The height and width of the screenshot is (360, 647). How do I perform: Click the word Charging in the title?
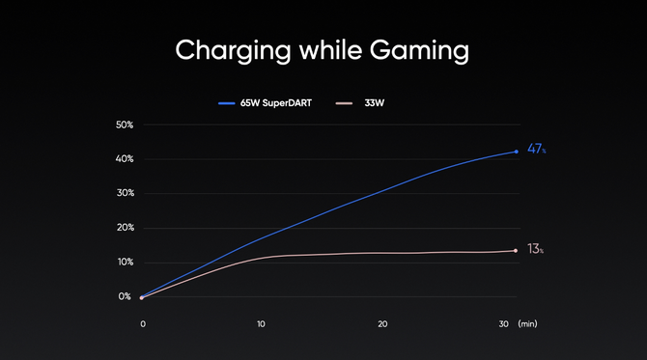click(233, 51)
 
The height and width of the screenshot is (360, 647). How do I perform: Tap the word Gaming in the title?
click(419, 51)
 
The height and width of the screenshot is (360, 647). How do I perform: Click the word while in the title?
click(330, 49)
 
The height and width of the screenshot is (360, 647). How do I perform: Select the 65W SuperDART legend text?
click(276, 103)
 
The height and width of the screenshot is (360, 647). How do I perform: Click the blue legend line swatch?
click(227, 103)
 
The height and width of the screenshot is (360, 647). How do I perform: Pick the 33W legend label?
click(375, 103)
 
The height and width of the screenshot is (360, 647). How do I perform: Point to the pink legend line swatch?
click(344, 103)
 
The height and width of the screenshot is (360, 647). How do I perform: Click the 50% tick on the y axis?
click(125, 125)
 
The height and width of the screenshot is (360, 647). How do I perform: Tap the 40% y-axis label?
click(125, 159)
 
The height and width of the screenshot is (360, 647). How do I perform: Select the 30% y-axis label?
click(125, 193)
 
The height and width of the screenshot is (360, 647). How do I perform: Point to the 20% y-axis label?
click(125, 228)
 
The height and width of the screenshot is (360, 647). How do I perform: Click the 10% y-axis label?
click(126, 263)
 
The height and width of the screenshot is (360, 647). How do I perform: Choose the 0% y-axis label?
click(125, 296)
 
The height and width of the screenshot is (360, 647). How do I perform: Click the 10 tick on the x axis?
click(261, 324)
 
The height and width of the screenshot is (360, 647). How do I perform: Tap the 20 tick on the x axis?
click(382, 324)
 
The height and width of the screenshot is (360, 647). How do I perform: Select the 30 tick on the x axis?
click(503, 324)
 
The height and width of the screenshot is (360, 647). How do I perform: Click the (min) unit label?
click(528, 324)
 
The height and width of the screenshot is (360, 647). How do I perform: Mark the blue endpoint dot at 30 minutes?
click(517, 152)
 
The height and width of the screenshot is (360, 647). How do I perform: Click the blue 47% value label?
click(536, 149)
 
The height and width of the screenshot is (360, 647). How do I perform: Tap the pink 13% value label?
click(535, 249)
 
